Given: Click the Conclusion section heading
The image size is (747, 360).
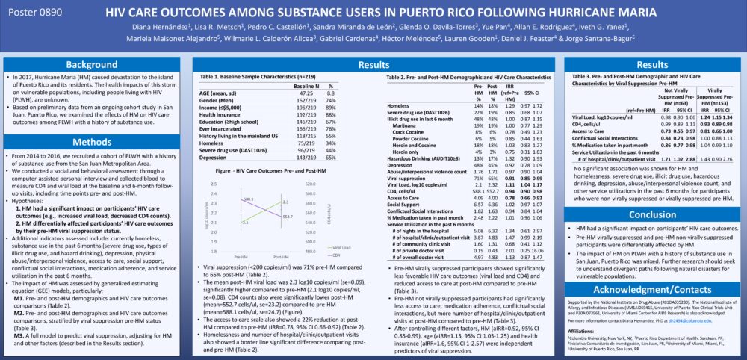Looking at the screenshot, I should click(653, 214).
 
